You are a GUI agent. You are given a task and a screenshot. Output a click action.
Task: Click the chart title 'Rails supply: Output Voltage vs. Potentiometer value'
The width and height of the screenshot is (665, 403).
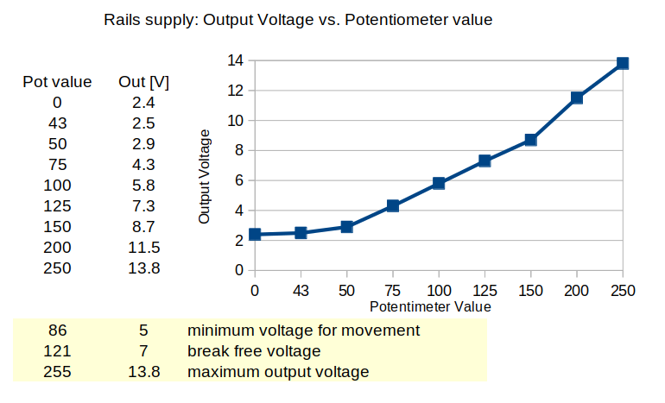click(298, 20)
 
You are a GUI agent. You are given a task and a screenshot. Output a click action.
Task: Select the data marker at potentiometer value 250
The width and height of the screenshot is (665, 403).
click(622, 63)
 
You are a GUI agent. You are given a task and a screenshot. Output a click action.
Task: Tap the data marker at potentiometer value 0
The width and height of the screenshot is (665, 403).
click(255, 234)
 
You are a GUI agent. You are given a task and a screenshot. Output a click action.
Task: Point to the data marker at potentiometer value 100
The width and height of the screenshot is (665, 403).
click(439, 183)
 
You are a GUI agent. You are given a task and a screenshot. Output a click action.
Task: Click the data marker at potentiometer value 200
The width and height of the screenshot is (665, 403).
click(576, 98)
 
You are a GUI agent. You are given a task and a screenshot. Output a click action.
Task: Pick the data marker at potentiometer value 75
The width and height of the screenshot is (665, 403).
click(393, 205)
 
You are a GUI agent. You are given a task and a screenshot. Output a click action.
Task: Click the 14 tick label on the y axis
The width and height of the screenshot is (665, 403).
click(235, 60)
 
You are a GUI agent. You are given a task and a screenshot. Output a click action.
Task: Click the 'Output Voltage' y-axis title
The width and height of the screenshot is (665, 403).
click(205, 176)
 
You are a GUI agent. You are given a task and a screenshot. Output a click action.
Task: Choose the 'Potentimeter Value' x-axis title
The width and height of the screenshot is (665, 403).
click(430, 306)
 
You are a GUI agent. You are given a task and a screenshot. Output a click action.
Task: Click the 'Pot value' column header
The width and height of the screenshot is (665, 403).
click(57, 82)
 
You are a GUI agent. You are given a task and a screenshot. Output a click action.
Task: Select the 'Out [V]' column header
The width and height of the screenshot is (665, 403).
click(143, 82)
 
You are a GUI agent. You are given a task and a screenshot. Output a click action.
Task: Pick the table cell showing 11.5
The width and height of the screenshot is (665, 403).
click(143, 248)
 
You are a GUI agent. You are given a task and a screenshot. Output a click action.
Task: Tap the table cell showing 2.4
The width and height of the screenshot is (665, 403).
click(143, 103)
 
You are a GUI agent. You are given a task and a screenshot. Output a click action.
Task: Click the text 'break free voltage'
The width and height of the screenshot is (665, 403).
click(254, 351)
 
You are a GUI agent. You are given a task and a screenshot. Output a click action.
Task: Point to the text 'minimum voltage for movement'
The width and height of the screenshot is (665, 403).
click(303, 331)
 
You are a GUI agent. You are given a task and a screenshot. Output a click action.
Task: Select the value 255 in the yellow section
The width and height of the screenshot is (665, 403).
click(57, 372)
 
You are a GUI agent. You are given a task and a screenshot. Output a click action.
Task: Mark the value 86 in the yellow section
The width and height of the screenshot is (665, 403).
click(57, 331)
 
